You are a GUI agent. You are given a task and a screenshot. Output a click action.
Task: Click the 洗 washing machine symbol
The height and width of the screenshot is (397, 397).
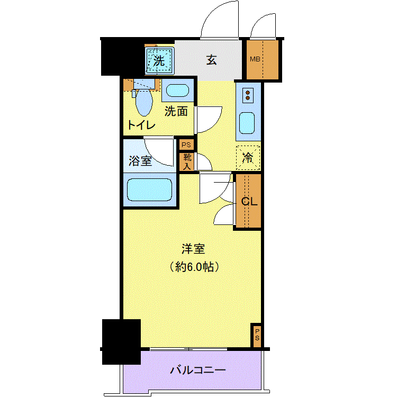click(160, 61)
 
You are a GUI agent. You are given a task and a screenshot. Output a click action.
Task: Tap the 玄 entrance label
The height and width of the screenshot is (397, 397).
click(212, 60)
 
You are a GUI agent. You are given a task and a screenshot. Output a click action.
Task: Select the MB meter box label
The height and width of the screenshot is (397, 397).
click(255, 59)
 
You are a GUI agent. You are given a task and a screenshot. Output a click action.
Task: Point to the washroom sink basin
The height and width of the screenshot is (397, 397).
click(177, 91)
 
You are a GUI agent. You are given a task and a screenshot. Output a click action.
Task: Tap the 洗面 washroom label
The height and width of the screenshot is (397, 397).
click(176, 111)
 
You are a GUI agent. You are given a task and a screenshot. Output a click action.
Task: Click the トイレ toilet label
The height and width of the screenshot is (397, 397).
click(141, 125)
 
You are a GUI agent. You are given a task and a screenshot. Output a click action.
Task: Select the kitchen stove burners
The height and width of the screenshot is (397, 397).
click(248, 95)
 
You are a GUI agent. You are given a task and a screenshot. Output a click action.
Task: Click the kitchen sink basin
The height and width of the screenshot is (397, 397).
click(247, 123)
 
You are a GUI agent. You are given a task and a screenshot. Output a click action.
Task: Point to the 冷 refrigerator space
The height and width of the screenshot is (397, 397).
click(248, 158)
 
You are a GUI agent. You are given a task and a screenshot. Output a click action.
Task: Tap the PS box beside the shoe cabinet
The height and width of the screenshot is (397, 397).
click(186, 145)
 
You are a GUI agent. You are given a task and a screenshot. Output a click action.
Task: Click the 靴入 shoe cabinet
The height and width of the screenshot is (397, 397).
click(187, 162)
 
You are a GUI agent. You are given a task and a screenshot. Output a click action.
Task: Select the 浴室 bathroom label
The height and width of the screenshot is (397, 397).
click(140, 161)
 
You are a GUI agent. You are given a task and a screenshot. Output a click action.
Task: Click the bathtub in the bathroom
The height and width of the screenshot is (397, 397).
click(150, 190)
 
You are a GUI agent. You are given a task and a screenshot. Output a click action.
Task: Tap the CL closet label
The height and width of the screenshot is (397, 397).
click(249, 202)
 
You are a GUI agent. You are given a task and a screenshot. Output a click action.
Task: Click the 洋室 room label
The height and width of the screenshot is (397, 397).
click(193, 249)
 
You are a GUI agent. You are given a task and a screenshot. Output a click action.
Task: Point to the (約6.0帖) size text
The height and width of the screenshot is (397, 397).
click(194, 267)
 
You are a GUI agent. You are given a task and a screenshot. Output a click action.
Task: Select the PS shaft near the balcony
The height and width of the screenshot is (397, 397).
click(257, 335)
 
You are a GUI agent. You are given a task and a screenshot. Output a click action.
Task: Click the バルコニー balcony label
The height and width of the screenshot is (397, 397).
click(198, 371)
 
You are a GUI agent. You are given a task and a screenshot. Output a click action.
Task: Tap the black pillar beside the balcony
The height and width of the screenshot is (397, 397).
click(121, 342)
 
